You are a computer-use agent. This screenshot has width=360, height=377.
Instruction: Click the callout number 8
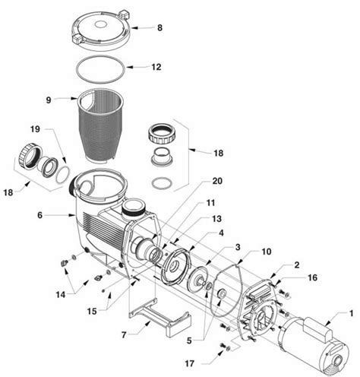(159, 28)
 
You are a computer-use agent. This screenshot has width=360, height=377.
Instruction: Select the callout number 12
(156, 67)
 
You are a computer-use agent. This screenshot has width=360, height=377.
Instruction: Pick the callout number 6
(39, 215)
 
